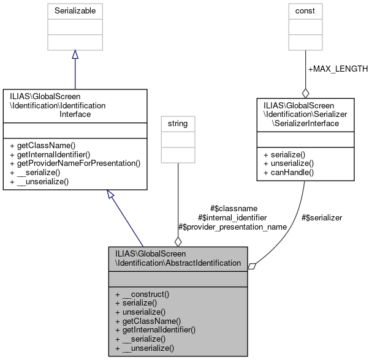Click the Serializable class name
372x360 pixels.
[75, 10]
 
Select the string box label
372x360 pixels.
[178, 124]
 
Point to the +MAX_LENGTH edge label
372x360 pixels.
[338, 69]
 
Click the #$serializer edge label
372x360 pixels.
[322, 217]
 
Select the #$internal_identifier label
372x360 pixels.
[232, 217]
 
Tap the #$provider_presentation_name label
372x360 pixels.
[232, 227]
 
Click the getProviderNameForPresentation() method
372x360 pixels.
[77, 163]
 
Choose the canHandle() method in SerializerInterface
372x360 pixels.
[288, 172]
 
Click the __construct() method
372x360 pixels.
[142, 294]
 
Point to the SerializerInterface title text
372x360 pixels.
[305, 114]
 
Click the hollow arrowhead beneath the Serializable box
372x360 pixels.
[75, 55]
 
